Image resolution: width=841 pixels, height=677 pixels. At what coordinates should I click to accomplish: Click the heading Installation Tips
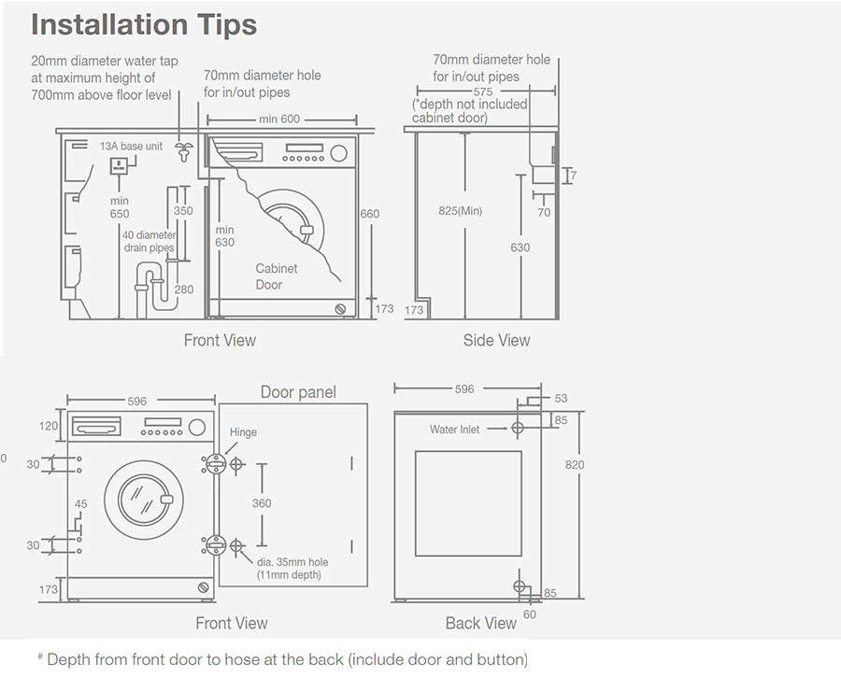(144, 25)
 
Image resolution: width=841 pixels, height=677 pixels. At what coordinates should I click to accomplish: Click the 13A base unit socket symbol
(120, 167)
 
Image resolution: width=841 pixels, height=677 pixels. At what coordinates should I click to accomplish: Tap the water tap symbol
(184, 152)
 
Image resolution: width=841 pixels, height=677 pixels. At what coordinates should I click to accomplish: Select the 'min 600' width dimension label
(280, 120)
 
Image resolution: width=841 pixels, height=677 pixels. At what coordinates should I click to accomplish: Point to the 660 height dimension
(370, 214)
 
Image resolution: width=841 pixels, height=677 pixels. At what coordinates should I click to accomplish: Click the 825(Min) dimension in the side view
(460, 211)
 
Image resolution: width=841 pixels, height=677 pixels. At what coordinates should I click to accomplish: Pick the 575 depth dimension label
(483, 92)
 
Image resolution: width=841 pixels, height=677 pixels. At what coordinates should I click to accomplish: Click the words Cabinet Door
(276, 276)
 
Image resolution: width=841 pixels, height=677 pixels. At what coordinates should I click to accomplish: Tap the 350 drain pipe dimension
(183, 211)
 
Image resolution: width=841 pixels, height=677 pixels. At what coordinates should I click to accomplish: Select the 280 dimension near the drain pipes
(183, 289)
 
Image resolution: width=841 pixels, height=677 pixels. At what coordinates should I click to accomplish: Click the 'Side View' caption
(496, 340)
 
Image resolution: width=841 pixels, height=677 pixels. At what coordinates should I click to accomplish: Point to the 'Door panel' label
(298, 392)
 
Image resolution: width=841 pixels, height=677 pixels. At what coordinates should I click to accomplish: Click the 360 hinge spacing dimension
(262, 503)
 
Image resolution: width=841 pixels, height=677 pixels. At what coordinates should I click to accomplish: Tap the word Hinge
(243, 432)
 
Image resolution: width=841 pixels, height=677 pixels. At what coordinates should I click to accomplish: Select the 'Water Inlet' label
(455, 430)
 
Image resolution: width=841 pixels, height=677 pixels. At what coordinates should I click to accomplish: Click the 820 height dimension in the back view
(575, 465)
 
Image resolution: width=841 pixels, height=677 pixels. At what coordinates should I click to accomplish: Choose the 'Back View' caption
(480, 623)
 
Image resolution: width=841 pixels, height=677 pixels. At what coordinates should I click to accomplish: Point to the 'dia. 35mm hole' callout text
(292, 562)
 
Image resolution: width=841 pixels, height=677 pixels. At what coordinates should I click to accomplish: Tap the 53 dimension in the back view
(561, 399)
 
